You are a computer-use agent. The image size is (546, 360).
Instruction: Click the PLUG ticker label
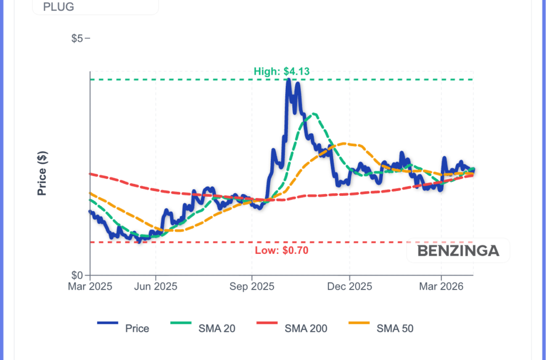click(x=59, y=7)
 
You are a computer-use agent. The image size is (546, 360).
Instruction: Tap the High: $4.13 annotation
click(x=282, y=71)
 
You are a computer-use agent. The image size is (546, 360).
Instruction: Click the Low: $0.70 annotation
click(x=282, y=250)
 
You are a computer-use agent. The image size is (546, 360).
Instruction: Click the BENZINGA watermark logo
click(x=458, y=251)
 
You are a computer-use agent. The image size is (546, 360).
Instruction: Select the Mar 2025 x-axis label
click(x=90, y=287)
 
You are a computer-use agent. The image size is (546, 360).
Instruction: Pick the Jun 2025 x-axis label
click(x=156, y=287)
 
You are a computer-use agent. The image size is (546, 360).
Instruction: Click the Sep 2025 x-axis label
click(x=252, y=287)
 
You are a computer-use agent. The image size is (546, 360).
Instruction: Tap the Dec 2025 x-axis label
click(x=349, y=287)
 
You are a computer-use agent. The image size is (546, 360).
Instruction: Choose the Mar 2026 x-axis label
click(x=441, y=287)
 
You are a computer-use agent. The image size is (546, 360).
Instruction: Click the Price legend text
click(x=137, y=329)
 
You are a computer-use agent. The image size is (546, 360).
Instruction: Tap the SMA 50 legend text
click(x=395, y=329)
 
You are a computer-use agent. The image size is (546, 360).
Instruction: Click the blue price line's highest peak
click(x=288, y=80)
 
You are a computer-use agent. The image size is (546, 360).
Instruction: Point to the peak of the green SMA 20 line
click(x=314, y=114)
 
